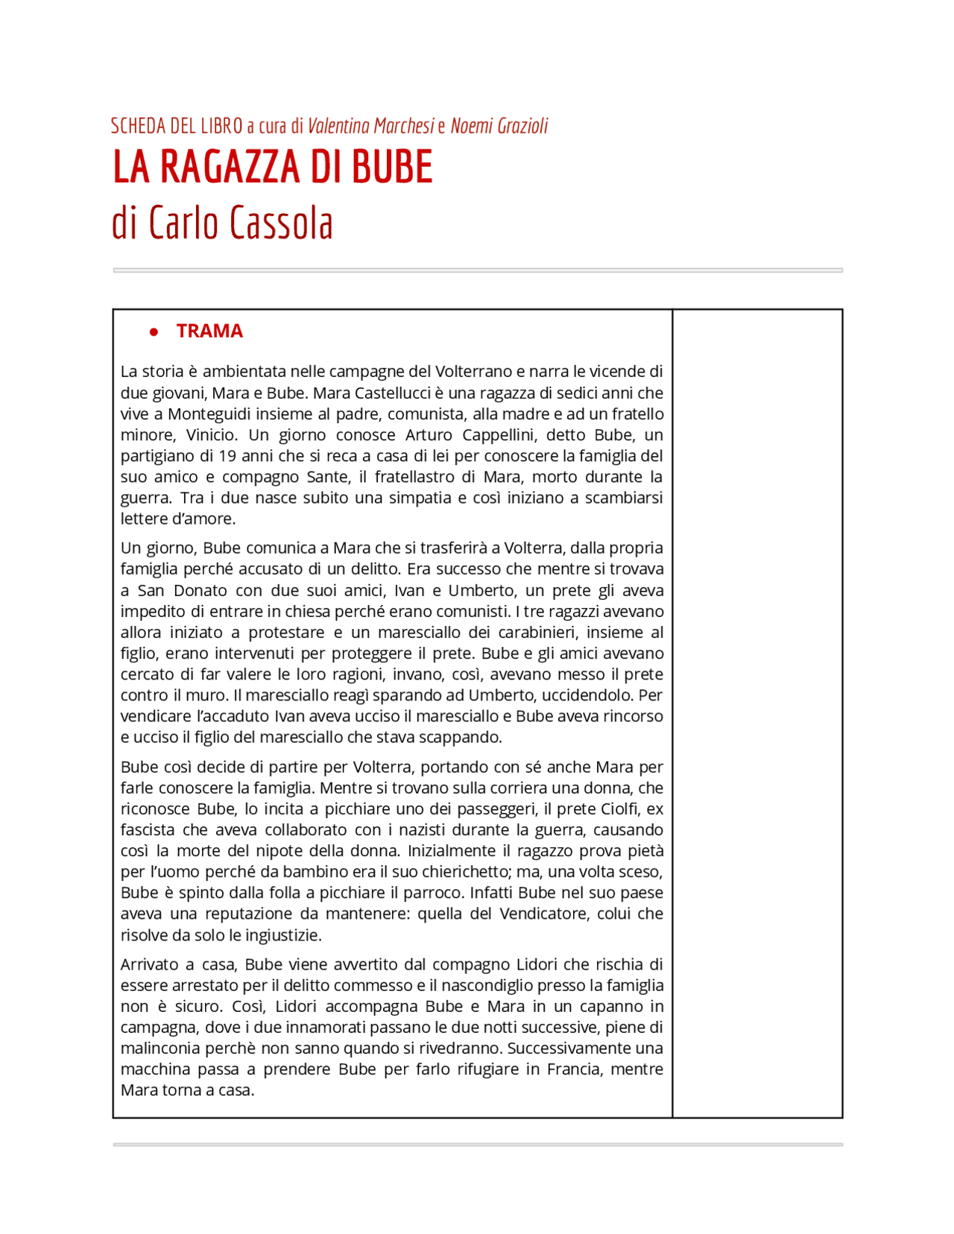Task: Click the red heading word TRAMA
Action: click(209, 331)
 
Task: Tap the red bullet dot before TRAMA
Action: click(154, 332)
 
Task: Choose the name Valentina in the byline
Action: click(339, 126)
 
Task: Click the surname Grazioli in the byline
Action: click(519, 126)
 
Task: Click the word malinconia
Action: click(160, 1048)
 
